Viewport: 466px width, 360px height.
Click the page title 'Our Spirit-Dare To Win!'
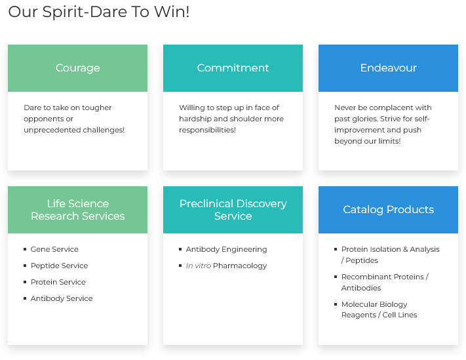[x=99, y=12]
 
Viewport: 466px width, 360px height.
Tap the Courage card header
[x=77, y=68]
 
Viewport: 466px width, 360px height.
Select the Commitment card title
[x=233, y=68]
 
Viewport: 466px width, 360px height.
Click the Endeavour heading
[x=389, y=68]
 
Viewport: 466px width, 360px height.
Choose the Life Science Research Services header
[x=77, y=210]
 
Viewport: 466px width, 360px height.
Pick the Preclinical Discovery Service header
[x=233, y=210]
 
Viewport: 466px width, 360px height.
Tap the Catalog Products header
[x=389, y=210]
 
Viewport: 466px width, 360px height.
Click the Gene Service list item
[x=54, y=249]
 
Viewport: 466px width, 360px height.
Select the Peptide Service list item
[x=59, y=266]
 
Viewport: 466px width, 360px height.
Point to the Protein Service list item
[x=58, y=282]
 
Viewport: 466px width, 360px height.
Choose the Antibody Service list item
[x=62, y=298]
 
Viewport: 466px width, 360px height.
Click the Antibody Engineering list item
[x=227, y=249]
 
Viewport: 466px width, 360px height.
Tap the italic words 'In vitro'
[x=199, y=266]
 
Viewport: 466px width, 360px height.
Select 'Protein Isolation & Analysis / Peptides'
[x=390, y=255]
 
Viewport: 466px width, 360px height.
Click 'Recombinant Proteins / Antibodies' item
[x=385, y=282]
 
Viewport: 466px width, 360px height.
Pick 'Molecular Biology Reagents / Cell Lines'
[x=379, y=310]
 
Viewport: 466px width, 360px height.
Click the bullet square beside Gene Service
[x=25, y=249]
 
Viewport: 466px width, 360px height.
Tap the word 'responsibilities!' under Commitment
[x=208, y=130]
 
